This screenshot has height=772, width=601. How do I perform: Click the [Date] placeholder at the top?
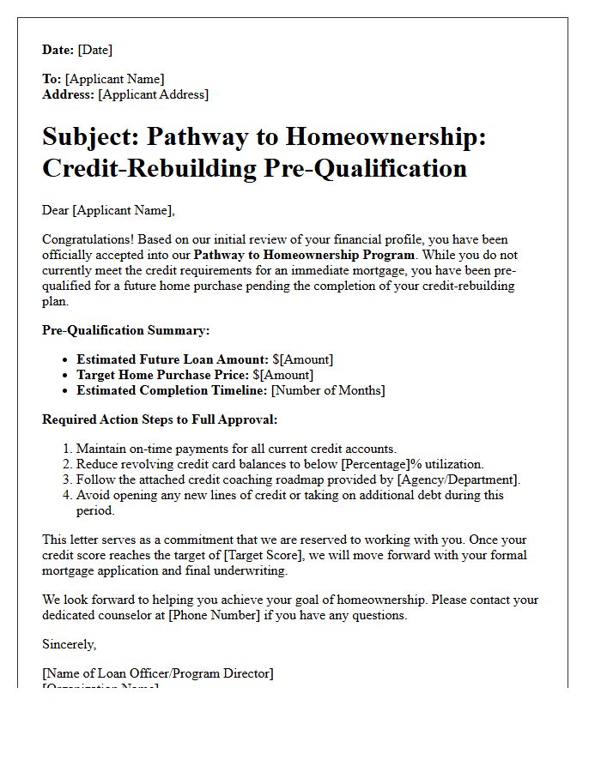tap(94, 50)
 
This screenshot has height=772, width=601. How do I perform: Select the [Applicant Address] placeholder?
tap(153, 94)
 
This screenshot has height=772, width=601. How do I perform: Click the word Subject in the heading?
tap(88, 136)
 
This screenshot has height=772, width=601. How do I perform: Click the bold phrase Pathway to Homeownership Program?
tap(304, 255)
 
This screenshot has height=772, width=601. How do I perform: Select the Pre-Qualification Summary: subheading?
tap(125, 330)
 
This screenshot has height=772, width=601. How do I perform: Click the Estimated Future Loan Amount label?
tap(173, 359)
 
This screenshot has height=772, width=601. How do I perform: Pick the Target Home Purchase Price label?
tap(162, 375)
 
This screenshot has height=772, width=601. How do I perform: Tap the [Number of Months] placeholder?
tap(328, 390)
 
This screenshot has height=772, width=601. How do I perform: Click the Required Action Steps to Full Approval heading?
tap(160, 419)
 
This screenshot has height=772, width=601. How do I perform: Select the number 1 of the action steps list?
tap(67, 449)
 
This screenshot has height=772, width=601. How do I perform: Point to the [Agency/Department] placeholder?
tap(458, 479)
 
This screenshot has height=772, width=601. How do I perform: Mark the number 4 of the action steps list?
tap(67, 495)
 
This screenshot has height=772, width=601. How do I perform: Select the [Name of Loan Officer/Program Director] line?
tap(157, 673)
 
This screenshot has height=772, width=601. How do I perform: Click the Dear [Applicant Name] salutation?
tap(108, 210)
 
